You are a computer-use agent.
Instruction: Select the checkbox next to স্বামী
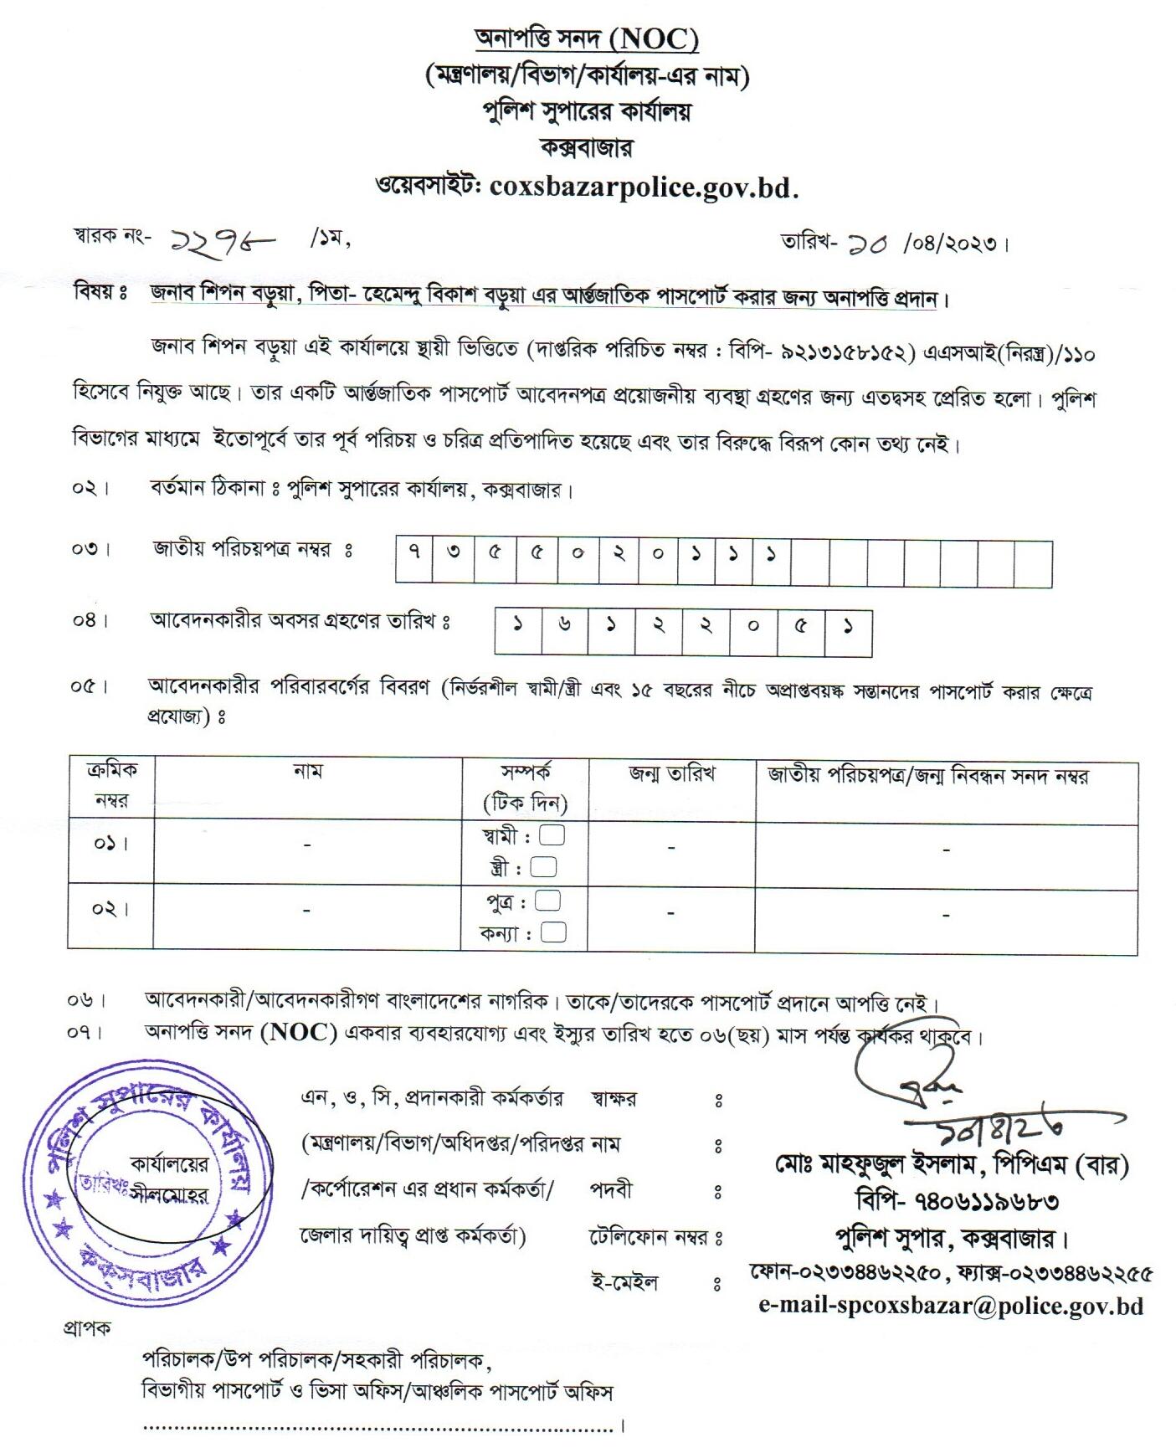tap(552, 835)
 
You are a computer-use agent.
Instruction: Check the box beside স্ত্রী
tap(544, 867)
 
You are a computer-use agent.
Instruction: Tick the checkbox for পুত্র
tap(547, 901)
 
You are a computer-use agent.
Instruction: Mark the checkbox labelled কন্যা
tap(553, 932)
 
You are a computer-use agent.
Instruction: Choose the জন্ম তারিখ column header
tap(671, 774)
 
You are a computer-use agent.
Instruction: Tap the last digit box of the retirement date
tap(848, 633)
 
